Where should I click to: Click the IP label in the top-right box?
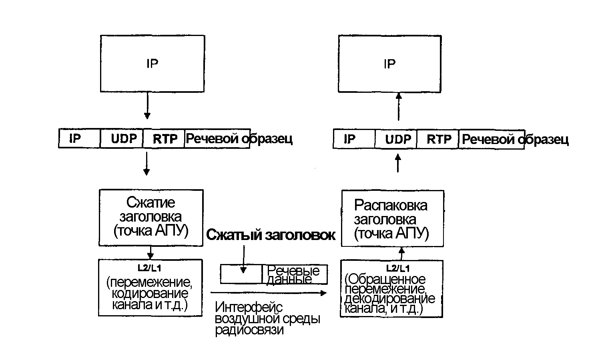click(389, 64)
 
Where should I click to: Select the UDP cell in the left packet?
click(124, 139)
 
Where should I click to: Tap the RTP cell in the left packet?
click(165, 139)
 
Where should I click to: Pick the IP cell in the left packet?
click(75, 139)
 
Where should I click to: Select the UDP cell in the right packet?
click(398, 139)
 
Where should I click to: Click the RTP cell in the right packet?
click(439, 139)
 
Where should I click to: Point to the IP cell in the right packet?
click(349, 139)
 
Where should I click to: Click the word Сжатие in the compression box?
click(151, 202)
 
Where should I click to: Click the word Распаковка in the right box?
click(391, 205)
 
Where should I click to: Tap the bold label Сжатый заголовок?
click(271, 235)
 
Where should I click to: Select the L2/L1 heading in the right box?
click(398, 268)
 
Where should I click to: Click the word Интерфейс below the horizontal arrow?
click(249, 307)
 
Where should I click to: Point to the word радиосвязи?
click(249, 330)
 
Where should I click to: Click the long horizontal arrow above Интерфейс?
click(268, 293)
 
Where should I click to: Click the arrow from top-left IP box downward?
click(147, 106)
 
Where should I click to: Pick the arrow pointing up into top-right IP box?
click(398, 106)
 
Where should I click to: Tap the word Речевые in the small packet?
click(293, 271)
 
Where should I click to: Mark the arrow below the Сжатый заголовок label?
click(243, 259)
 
